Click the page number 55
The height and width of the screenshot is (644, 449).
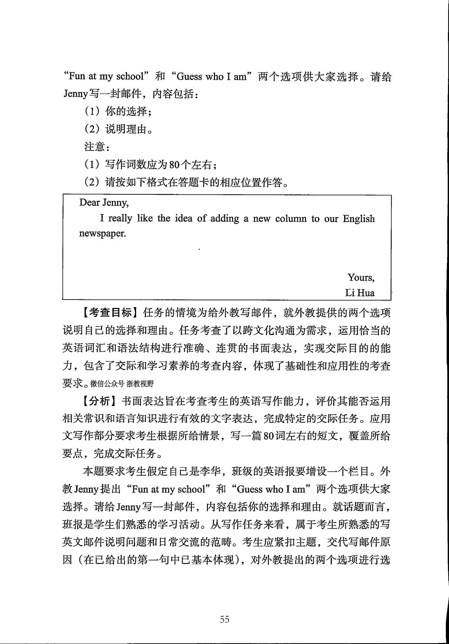224,619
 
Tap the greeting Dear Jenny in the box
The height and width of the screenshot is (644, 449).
104,202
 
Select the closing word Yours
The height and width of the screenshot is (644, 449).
361,277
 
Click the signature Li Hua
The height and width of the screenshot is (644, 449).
360,293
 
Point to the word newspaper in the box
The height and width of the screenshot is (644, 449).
102,234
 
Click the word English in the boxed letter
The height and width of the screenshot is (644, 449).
358,219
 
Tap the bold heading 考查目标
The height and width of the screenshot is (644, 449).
110,313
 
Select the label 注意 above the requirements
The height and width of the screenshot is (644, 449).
95,147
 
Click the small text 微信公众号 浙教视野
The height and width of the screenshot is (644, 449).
122,383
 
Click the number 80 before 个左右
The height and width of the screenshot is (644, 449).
174,165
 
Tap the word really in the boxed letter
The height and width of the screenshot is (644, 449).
120,218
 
